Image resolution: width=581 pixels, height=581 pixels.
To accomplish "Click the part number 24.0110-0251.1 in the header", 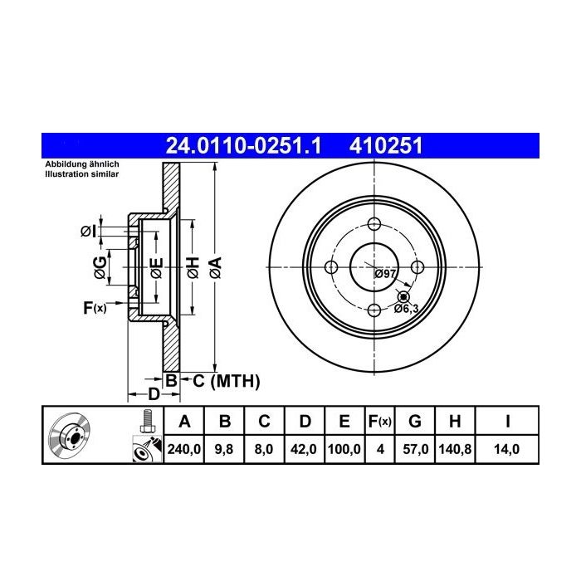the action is (x=243, y=145).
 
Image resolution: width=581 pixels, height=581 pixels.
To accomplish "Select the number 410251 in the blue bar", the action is (x=386, y=145).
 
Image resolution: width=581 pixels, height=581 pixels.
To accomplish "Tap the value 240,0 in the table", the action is (x=183, y=449).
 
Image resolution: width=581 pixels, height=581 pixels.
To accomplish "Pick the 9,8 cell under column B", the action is (x=224, y=449).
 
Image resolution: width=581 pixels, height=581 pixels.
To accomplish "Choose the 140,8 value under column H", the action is (x=455, y=449).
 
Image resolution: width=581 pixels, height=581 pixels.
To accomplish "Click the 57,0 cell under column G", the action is (x=415, y=449).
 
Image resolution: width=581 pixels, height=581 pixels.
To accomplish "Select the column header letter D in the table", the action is (x=305, y=422).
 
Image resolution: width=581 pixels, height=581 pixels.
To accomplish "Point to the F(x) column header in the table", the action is (x=380, y=422).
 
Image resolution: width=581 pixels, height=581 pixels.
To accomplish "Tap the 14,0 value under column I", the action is (x=507, y=449).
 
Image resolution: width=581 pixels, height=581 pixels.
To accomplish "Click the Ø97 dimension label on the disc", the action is (x=385, y=274).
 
